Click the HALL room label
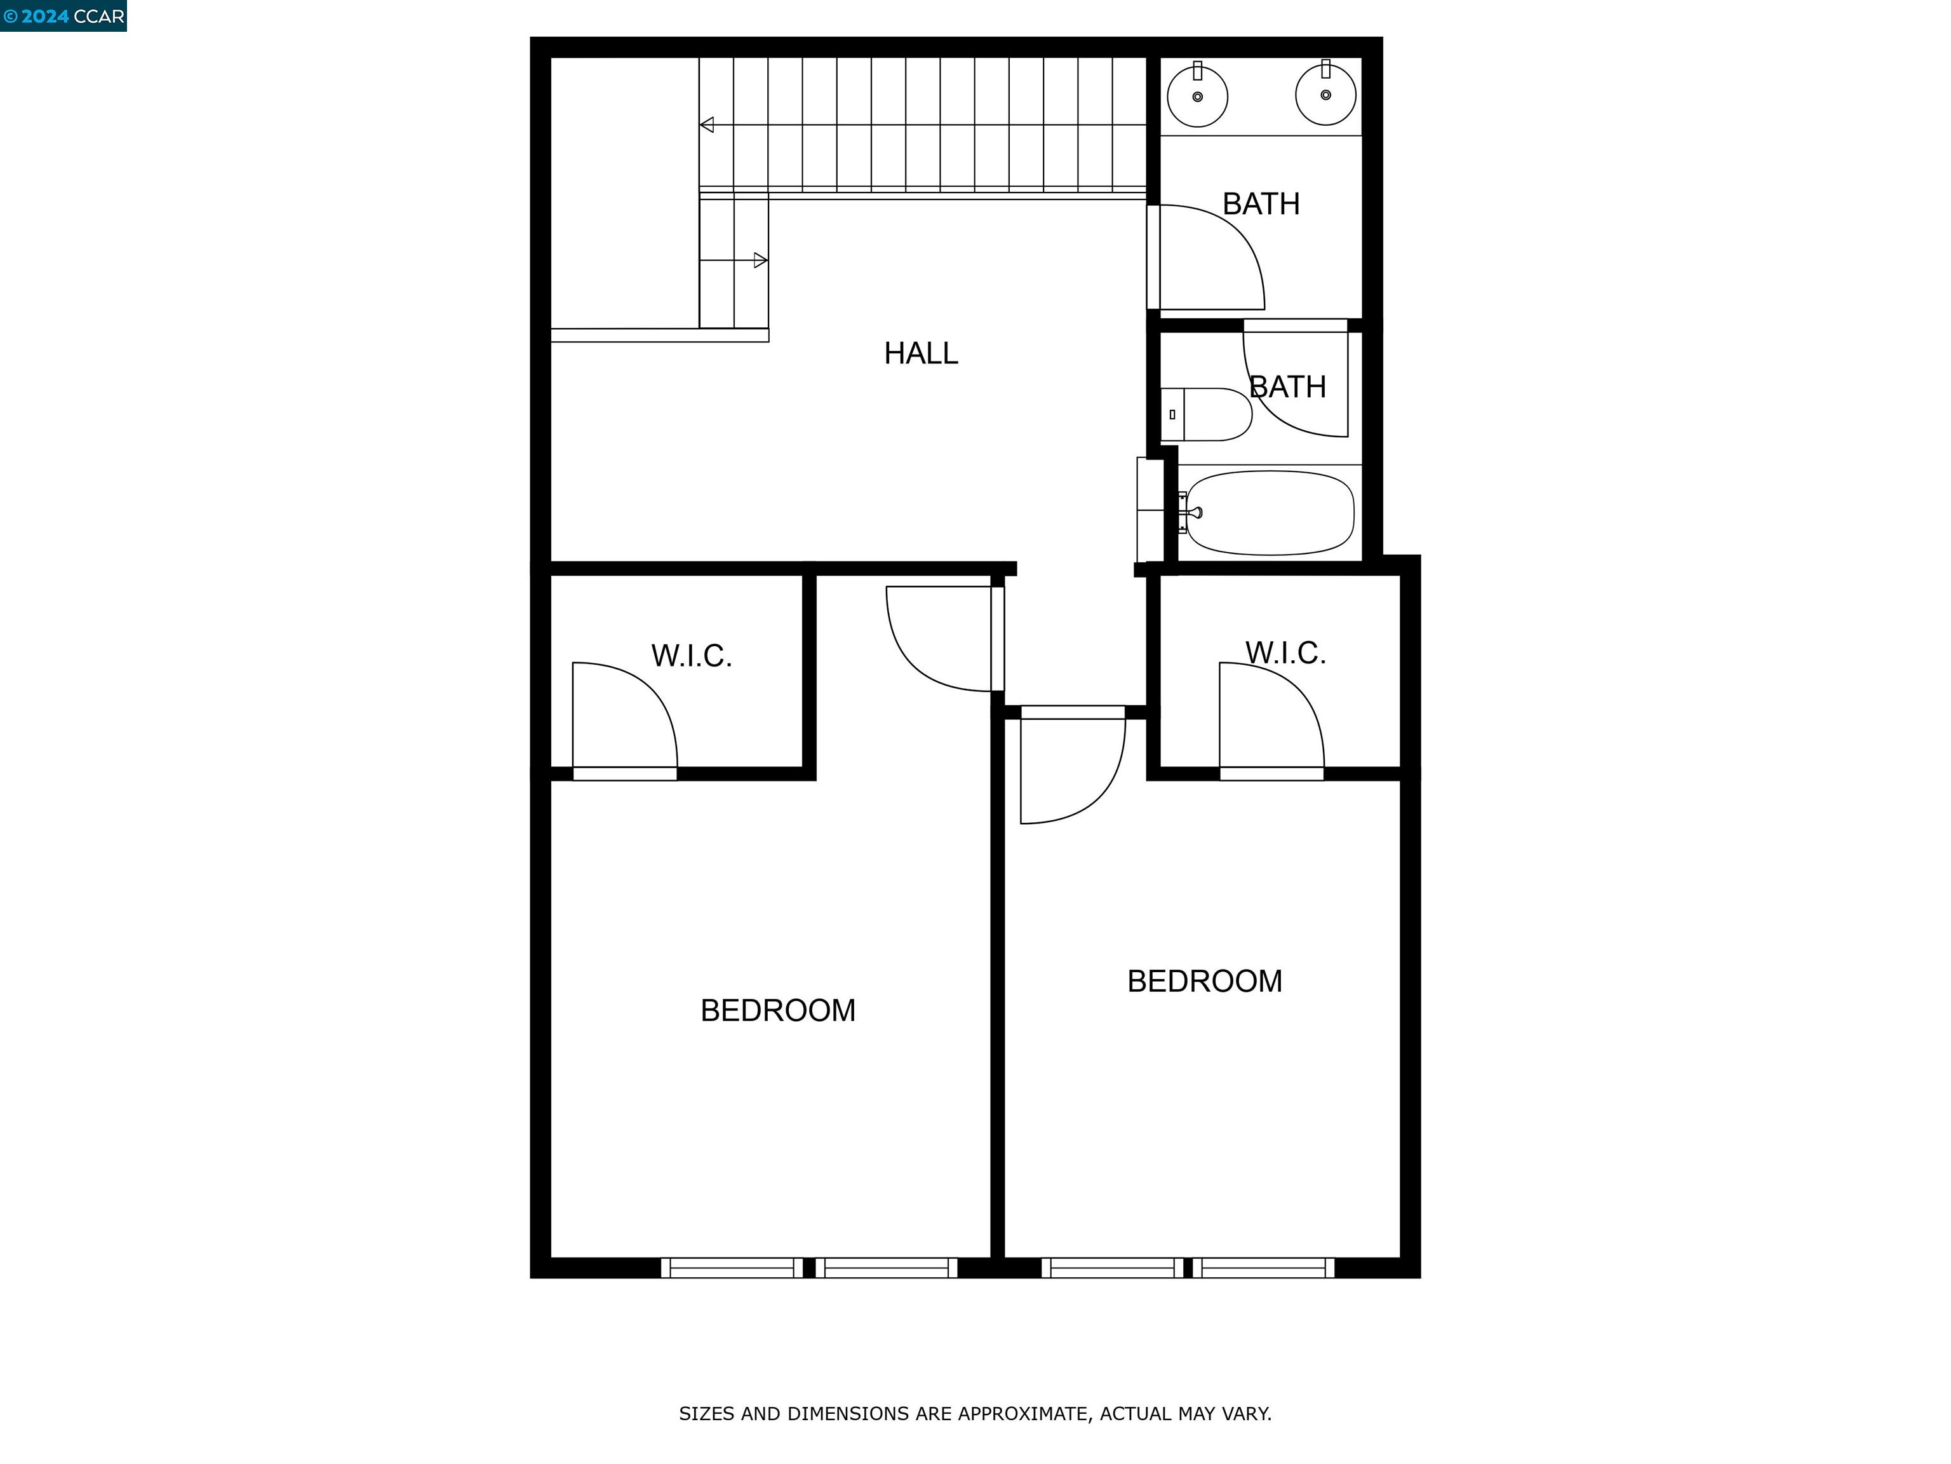coord(921,354)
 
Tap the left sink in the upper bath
coord(1197,96)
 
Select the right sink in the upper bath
coord(1325,95)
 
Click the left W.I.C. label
coord(692,656)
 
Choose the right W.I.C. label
coord(1285,654)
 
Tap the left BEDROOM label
coord(778,1010)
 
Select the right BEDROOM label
coord(1205,981)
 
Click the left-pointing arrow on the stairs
coord(706,125)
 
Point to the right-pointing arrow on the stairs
coord(760,261)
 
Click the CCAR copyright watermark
coord(64,16)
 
